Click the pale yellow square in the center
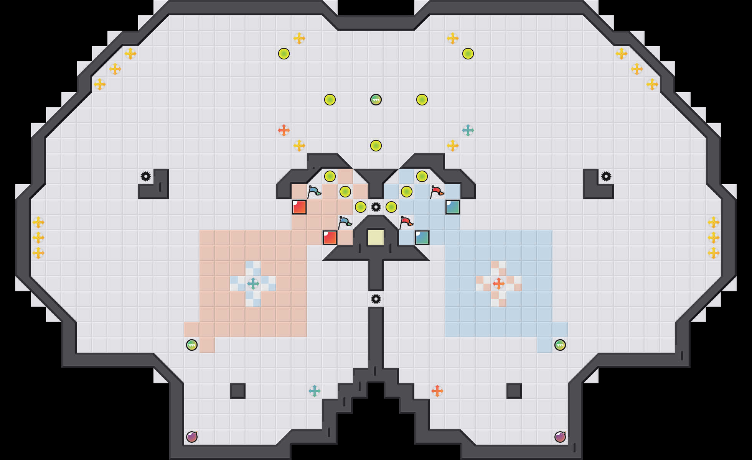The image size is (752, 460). pyautogui.click(x=376, y=238)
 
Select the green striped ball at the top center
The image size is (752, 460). pyautogui.click(x=376, y=100)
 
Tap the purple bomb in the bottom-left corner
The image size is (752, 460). pyautogui.click(x=192, y=437)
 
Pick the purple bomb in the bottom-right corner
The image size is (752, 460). pyautogui.click(x=560, y=437)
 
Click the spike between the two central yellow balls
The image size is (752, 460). pyautogui.click(x=376, y=207)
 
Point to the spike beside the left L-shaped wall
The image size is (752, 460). pyautogui.click(x=146, y=176)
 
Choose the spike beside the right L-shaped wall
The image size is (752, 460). pyautogui.click(x=606, y=176)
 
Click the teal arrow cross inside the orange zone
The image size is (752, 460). pyautogui.click(x=253, y=284)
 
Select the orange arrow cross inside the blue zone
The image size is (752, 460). pyautogui.click(x=499, y=284)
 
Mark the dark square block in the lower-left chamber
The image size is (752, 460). pyautogui.click(x=238, y=391)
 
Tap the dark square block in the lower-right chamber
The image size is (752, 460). pyautogui.click(x=514, y=391)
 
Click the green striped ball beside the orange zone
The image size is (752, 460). pyautogui.click(x=192, y=345)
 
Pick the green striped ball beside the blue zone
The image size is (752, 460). pyautogui.click(x=560, y=345)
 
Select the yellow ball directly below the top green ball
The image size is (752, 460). pyautogui.click(x=376, y=146)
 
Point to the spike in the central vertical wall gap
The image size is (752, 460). pyautogui.click(x=376, y=299)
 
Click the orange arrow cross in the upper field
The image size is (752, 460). pyautogui.click(x=284, y=130)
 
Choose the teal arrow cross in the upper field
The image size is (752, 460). pyautogui.click(x=468, y=130)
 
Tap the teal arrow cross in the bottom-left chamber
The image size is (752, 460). pyautogui.click(x=315, y=391)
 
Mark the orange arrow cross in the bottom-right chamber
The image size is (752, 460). pyautogui.click(x=437, y=391)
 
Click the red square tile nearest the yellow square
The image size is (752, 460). pyautogui.click(x=330, y=238)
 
